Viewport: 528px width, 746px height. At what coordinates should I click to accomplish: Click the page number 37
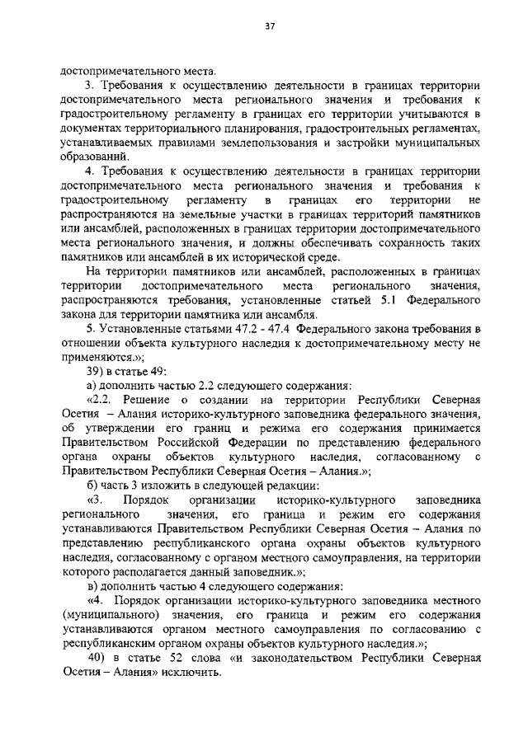coord(269,26)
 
